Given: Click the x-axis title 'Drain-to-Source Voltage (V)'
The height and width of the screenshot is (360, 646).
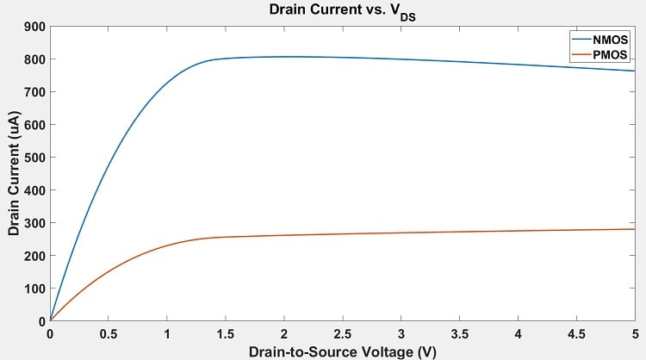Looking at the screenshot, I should click(x=342, y=351).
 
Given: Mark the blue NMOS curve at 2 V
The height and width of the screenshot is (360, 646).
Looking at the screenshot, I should click(x=284, y=57).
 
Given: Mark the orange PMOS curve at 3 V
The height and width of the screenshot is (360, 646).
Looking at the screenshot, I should click(x=401, y=233).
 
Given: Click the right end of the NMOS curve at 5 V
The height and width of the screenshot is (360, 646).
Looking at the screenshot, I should click(x=634, y=71).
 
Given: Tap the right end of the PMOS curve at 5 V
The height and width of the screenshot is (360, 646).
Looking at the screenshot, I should click(x=634, y=229).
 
